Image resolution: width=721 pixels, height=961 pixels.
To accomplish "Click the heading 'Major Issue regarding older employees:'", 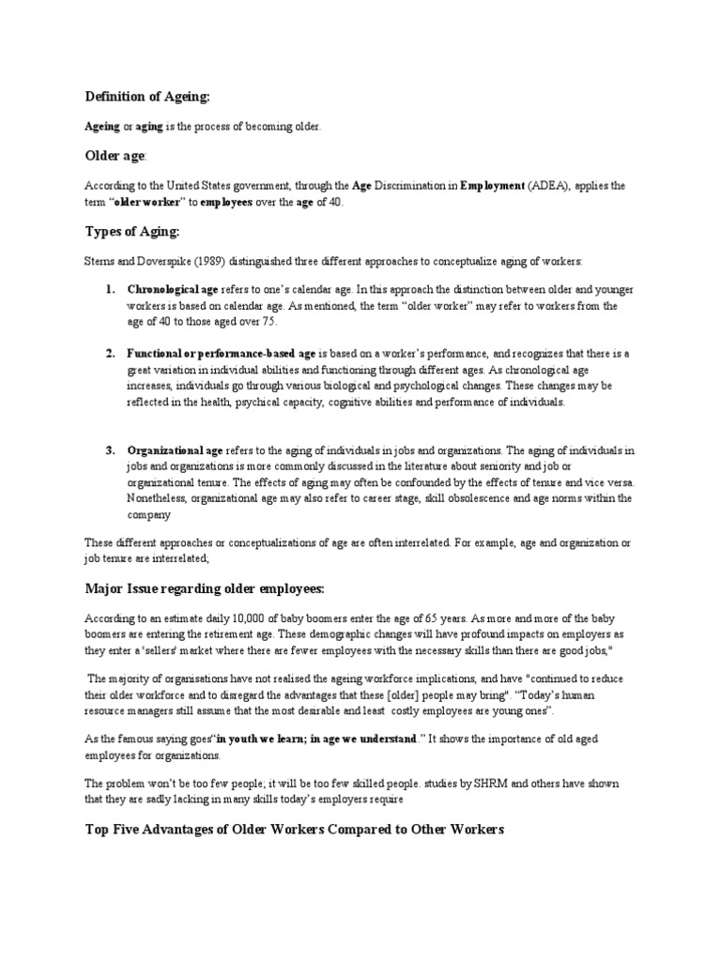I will [x=204, y=588].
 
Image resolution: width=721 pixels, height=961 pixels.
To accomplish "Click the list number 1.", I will [x=109, y=291].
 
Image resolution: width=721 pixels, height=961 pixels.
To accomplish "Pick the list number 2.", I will [x=109, y=353].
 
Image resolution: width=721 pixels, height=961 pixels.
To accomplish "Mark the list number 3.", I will [x=109, y=450].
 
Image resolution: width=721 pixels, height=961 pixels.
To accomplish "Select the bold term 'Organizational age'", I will [x=175, y=450].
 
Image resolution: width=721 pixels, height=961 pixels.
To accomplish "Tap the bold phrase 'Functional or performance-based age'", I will [x=222, y=353].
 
